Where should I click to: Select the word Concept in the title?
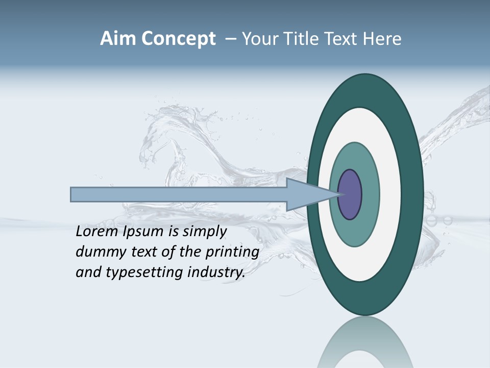[179, 39]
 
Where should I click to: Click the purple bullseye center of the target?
[350, 195]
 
